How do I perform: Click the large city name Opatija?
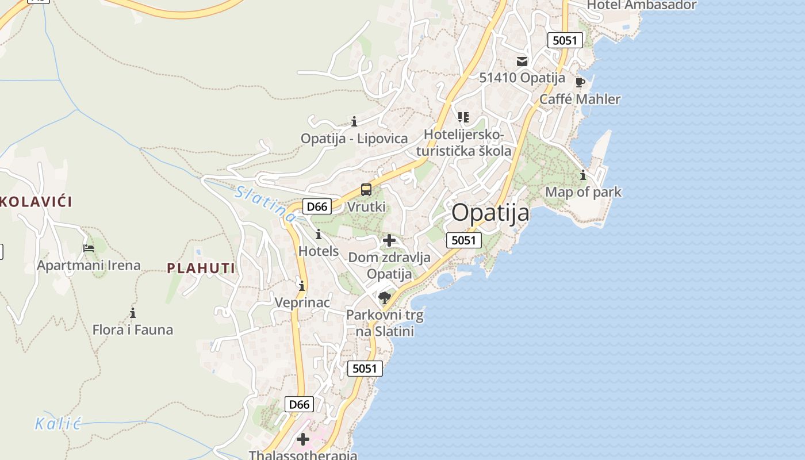[x=490, y=213]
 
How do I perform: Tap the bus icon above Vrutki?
[x=366, y=189]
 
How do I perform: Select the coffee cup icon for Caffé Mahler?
[x=580, y=82]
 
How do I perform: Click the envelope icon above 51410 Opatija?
[x=522, y=61]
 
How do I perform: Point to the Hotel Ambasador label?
[x=641, y=5]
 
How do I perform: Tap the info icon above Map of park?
[x=583, y=175]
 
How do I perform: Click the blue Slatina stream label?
[x=266, y=204]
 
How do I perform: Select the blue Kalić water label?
[x=57, y=424]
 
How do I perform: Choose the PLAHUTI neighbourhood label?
[x=201, y=268]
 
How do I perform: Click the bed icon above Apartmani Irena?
[x=89, y=248]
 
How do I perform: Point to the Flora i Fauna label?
[x=133, y=330]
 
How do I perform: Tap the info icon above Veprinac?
[x=302, y=286]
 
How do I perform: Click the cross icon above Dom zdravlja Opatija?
[x=389, y=240]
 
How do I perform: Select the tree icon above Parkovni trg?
[x=385, y=297]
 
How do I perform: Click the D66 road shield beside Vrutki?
[x=317, y=206]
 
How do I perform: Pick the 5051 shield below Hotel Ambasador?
[x=565, y=40]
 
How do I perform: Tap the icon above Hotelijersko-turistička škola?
[x=463, y=117]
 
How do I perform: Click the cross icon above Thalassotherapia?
[x=302, y=440]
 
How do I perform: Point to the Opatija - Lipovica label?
[x=354, y=139]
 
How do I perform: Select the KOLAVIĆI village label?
[x=36, y=202]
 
